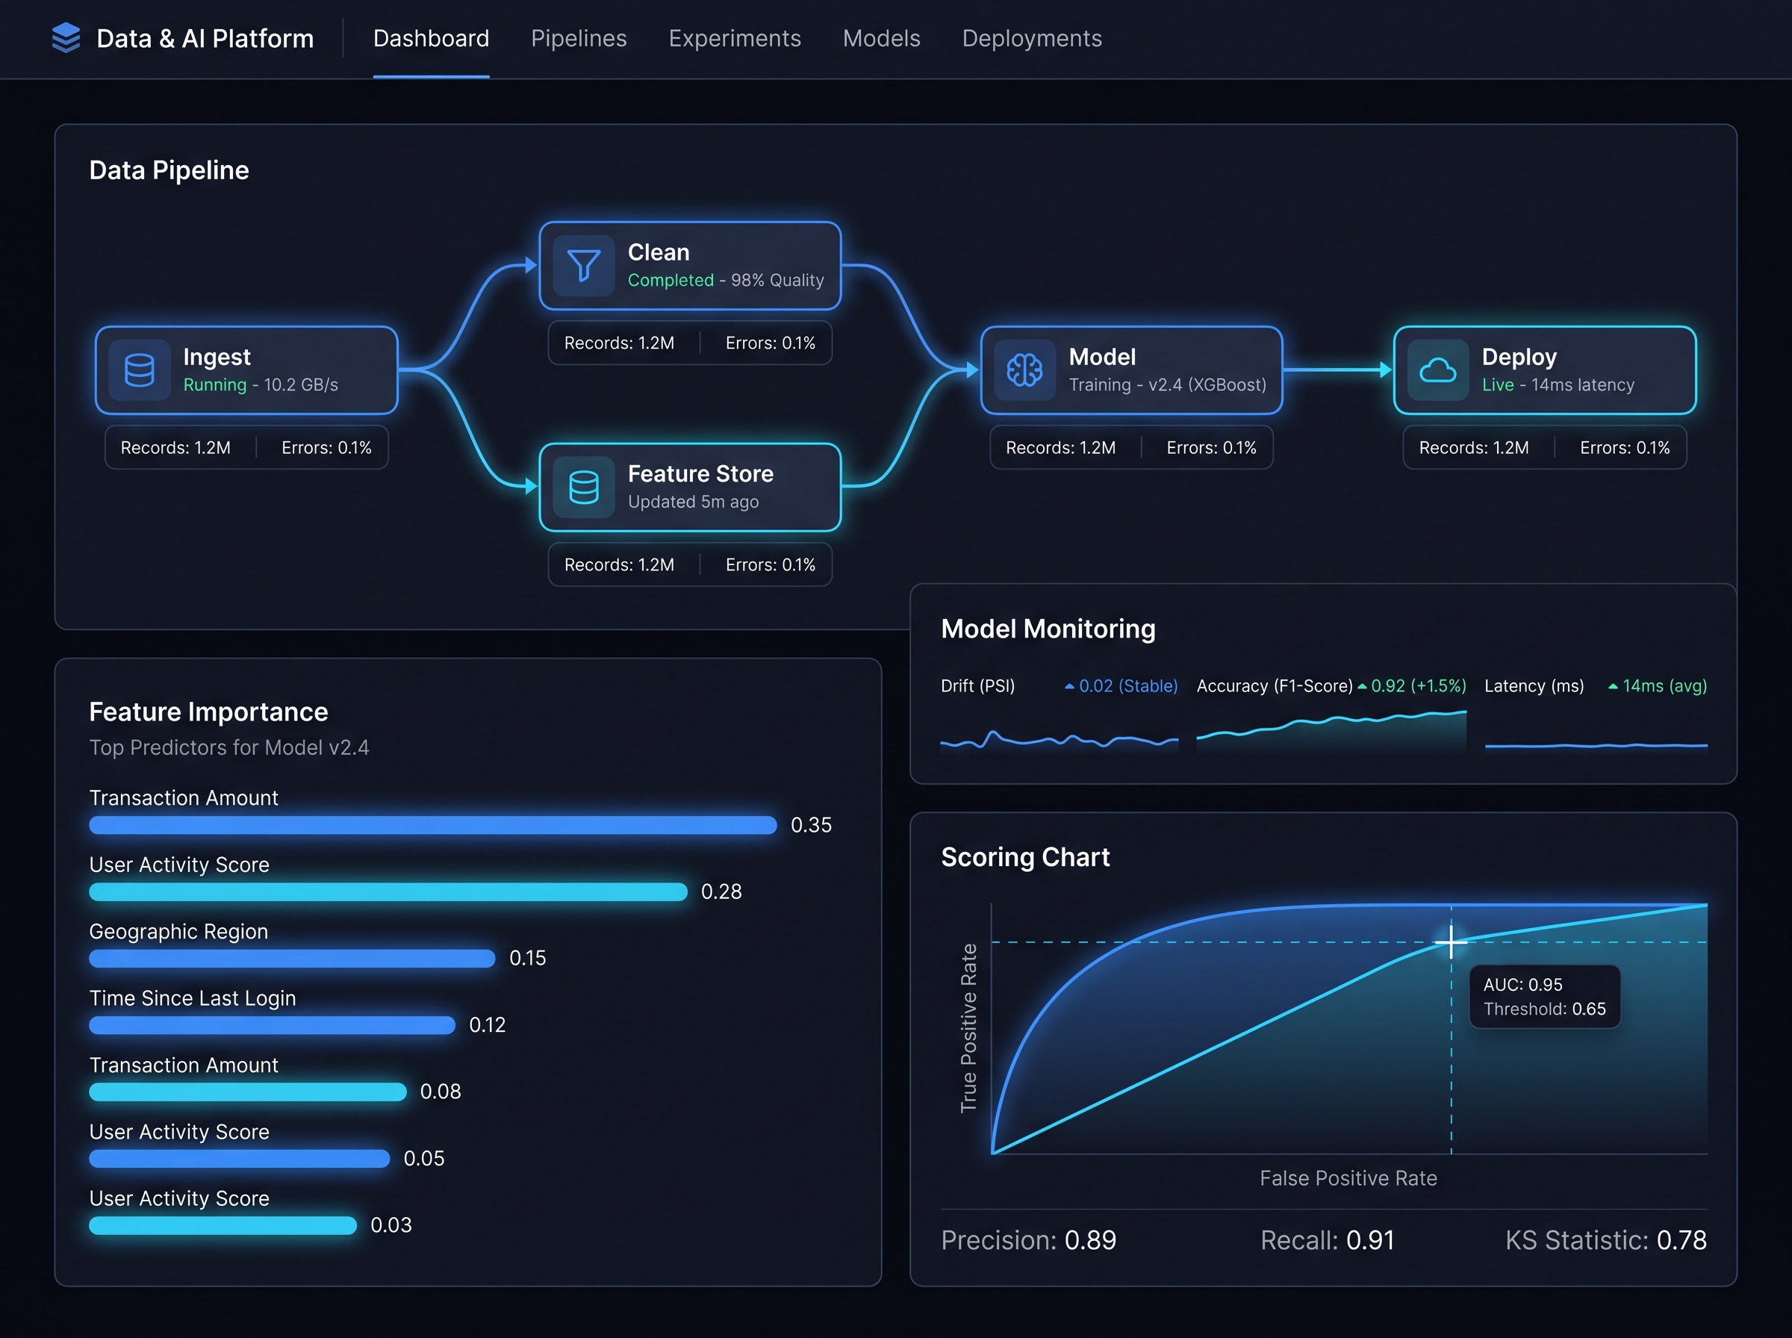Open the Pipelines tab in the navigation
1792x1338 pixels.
coord(578,39)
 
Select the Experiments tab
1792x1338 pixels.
coord(735,39)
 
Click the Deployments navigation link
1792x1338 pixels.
coord(1032,39)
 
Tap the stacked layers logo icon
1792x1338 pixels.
coord(66,38)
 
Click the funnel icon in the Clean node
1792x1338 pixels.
coord(583,265)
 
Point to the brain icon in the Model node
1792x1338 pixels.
coord(1024,370)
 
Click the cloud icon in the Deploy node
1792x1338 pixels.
coord(1437,370)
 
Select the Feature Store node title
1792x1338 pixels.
coord(700,474)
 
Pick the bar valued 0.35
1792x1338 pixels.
coord(432,825)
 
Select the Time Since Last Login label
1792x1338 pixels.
coord(192,998)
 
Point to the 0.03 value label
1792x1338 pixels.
coord(391,1225)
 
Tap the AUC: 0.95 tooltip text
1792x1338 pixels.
coord(1522,985)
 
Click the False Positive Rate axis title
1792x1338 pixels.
coord(1348,1178)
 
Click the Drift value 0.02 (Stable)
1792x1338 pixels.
coord(1128,686)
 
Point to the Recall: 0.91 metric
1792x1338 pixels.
coord(1327,1240)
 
